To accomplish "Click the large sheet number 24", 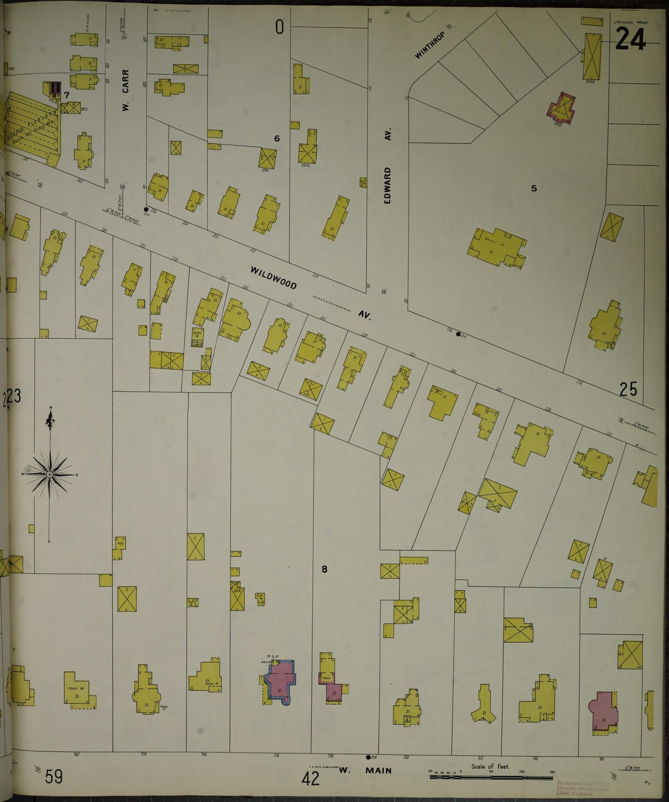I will tap(630, 38).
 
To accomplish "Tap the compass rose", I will tap(50, 475).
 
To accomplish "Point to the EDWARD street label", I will tap(388, 185).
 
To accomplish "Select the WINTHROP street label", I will tap(429, 45).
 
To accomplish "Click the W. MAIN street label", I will tap(365, 771).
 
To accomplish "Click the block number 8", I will tap(324, 569).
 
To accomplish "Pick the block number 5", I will tap(534, 188).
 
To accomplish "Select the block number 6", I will tap(277, 138).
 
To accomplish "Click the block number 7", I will tap(67, 95).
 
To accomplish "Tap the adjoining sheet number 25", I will tap(628, 389).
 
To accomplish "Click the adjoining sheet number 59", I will tap(54, 777).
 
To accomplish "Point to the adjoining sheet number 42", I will tap(310, 779).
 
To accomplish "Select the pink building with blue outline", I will tap(280, 682).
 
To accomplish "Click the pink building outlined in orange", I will tap(562, 106).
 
